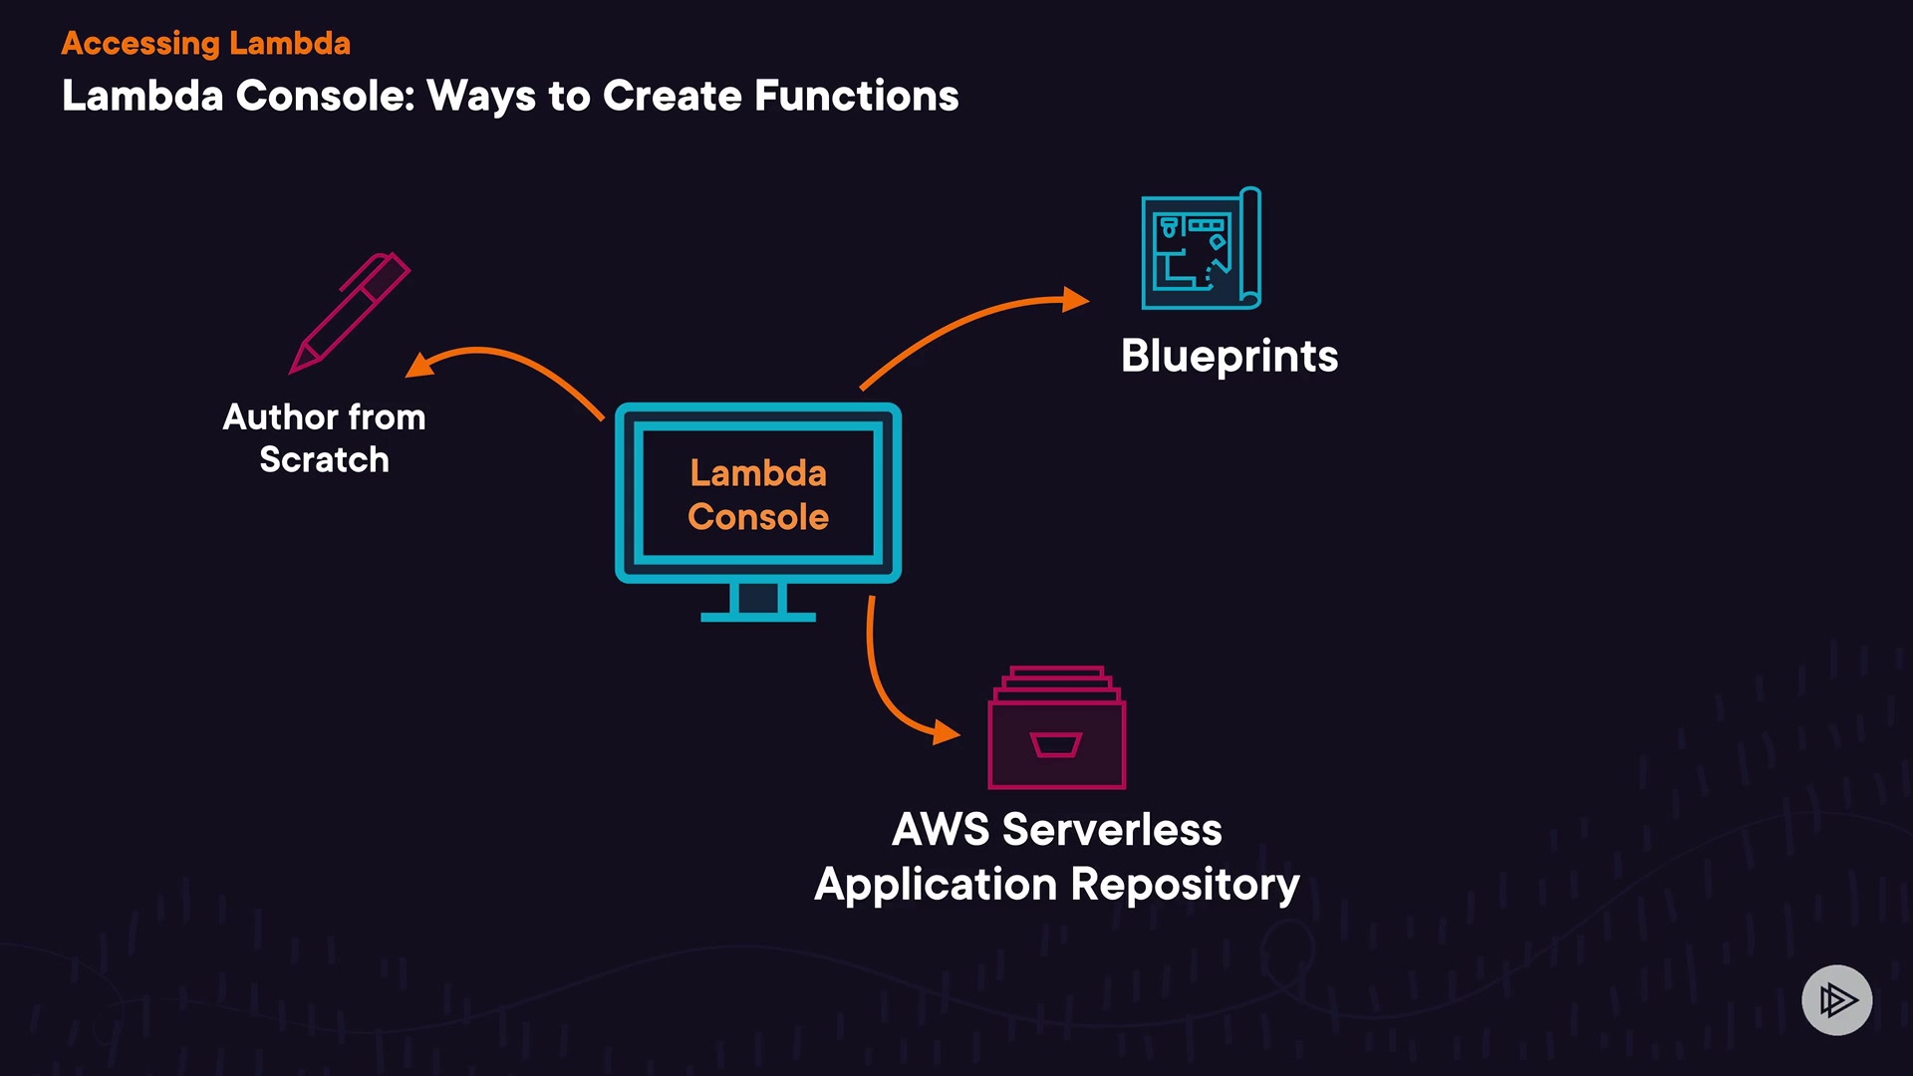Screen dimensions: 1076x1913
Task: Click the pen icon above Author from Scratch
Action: click(350, 313)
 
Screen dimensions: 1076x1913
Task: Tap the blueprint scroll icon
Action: click(1201, 249)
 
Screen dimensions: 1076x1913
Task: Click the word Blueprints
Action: click(1229, 356)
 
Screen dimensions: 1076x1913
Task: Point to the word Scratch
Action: click(324, 459)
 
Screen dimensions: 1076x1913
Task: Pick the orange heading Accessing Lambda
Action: click(206, 43)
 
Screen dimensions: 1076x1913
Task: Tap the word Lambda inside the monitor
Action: click(758, 472)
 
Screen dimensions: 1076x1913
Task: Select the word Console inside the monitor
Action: click(758, 517)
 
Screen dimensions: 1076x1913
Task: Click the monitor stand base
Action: click(758, 617)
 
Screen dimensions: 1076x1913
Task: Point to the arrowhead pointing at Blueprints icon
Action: click(1075, 299)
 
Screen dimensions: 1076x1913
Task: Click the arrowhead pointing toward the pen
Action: click(419, 366)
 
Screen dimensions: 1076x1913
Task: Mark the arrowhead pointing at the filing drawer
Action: click(946, 733)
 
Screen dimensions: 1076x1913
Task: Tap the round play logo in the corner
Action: click(1836, 999)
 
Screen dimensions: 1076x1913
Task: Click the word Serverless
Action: click(1111, 829)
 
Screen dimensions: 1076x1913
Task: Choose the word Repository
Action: click(1185, 885)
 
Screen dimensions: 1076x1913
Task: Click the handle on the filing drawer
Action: click(1056, 744)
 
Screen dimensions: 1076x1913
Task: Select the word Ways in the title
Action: click(481, 96)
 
